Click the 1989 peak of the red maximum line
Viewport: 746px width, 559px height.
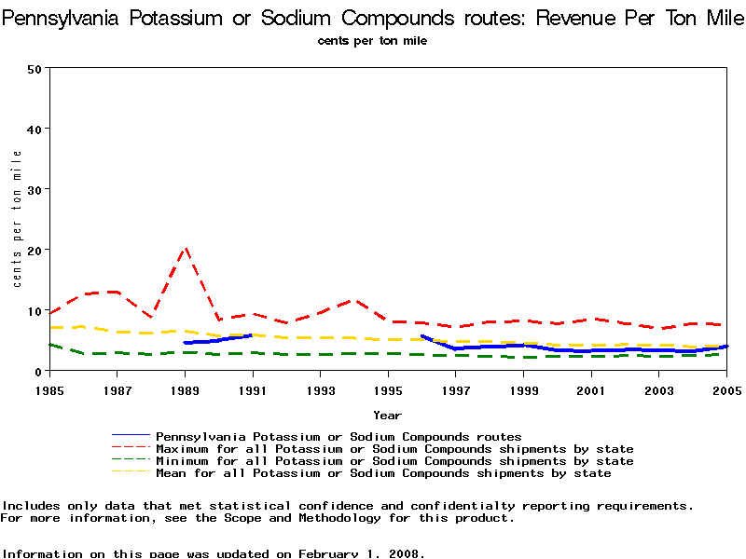click(x=186, y=249)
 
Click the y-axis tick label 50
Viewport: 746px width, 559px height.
click(x=35, y=68)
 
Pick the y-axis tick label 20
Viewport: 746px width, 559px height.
click(x=35, y=250)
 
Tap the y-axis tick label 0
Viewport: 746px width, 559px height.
click(x=38, y=371)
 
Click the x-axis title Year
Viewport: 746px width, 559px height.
click(x=387, y=415)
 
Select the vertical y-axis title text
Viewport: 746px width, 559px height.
click(x=17, y=218)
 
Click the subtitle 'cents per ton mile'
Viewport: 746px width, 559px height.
click(x=372, y=41)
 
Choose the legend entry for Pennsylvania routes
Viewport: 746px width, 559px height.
click(x=338, y=436)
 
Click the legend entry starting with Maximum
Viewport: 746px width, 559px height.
click(x=394, y=448)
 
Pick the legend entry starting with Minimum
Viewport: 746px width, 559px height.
click(x=394, y=460)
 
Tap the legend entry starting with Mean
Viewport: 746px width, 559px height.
click(x=382, y=472)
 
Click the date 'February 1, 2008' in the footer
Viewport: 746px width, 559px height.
click(x=361, y=553)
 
